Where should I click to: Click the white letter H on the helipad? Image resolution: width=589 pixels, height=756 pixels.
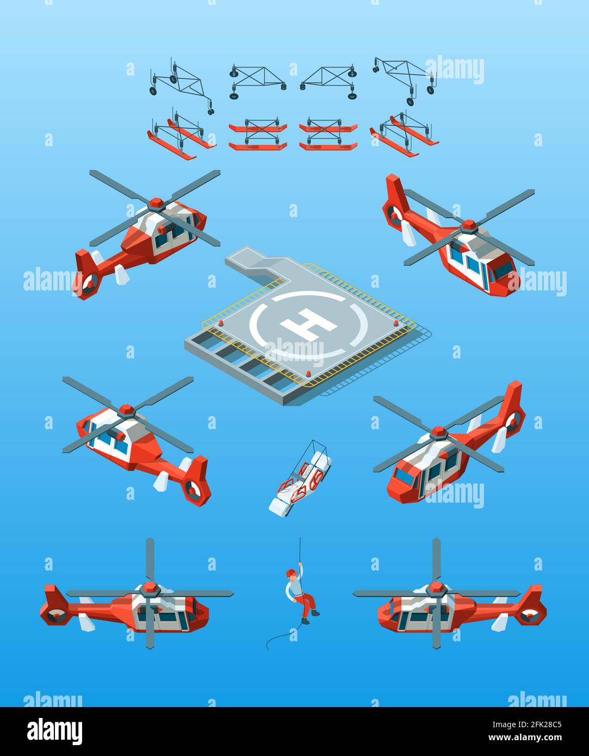coord(308,324)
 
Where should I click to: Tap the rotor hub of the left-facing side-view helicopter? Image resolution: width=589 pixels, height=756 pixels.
coord(436,588)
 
